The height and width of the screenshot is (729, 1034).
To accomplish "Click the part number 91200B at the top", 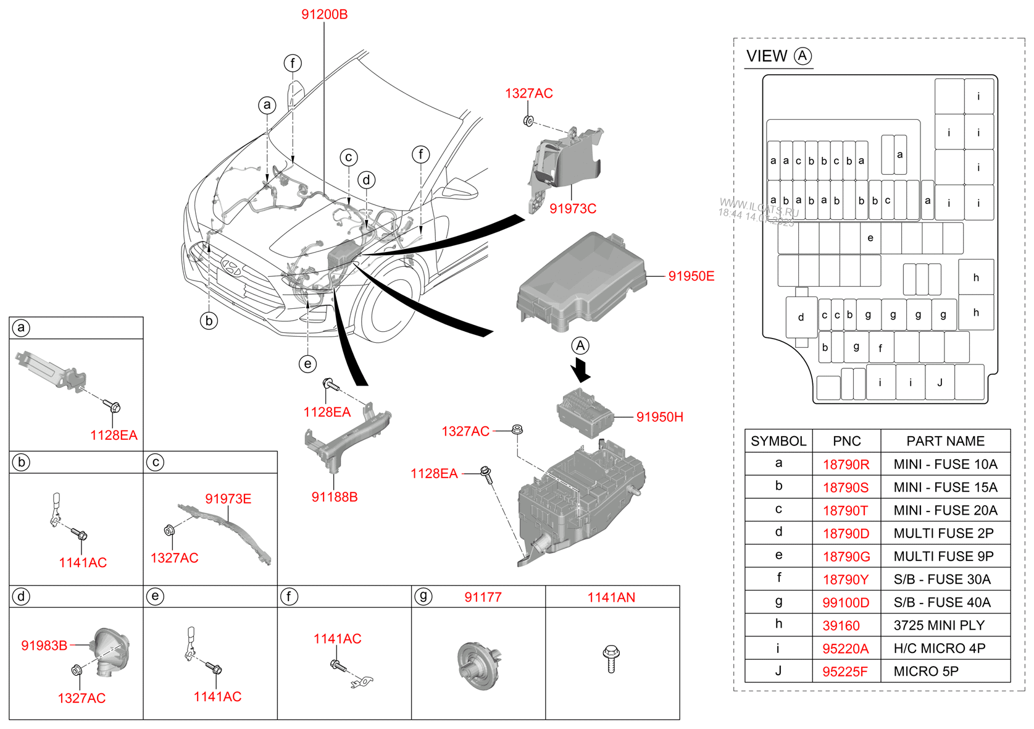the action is (x=325, y=14).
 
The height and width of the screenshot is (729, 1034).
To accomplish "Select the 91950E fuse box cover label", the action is (x=691, y=276).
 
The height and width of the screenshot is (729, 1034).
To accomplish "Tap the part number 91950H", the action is (x=660, y=417).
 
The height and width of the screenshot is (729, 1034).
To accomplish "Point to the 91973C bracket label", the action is (x=573, y=209).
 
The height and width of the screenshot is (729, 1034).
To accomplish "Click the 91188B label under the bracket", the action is (x=335, y=497).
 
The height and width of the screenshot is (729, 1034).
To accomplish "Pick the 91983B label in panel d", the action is (x=44, y=646).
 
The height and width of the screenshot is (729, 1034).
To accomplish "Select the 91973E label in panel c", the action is (x=228, y=499).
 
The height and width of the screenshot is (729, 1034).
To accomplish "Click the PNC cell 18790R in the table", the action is (x=846, y=465).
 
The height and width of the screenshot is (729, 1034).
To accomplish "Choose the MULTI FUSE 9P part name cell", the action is (x=943, y=556).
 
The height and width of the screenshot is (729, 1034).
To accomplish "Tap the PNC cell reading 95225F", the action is (x=845, y=672).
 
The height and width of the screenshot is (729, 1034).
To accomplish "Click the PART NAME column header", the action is (x=945, y=441).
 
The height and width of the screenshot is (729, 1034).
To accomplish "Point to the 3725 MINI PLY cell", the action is (x=939, y=625).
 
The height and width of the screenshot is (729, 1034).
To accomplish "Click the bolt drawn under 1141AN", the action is (x=611, y=659).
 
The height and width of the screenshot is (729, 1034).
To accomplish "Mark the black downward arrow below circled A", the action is (x=581, y=369).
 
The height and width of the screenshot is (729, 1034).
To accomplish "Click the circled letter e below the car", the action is (x=307, y=364).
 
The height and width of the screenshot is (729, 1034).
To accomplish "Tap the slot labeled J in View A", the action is (x=940, y=382).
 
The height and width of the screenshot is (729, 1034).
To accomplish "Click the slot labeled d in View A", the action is (x=801, y=318).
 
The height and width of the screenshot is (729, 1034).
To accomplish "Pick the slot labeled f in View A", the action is (x=881, y=347).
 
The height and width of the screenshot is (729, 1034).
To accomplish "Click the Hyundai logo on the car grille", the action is (x=231, y=266).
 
